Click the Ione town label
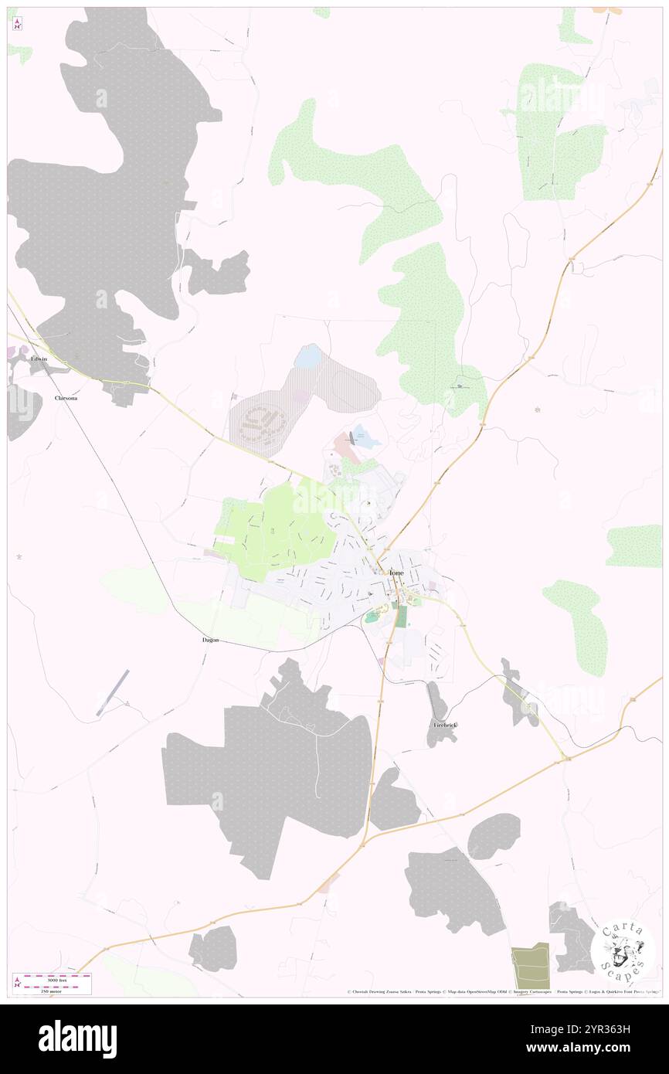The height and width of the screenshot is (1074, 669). click(396, 572)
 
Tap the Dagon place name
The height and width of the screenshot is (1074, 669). click(210, 640)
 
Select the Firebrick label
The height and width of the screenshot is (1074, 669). click(445, 726)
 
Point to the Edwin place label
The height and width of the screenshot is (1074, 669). click(39, 359)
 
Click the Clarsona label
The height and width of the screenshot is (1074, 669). click(66, 398)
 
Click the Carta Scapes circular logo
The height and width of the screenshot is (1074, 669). click(623, 950)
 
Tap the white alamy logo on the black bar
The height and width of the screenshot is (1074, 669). click(77, 1038)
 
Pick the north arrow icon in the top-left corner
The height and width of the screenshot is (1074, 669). click(17, 24)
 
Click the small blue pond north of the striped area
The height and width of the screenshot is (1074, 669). click(308, 357)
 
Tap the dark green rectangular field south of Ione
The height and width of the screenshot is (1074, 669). click(401, 616)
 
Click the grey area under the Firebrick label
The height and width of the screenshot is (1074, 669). click(440, 738)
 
